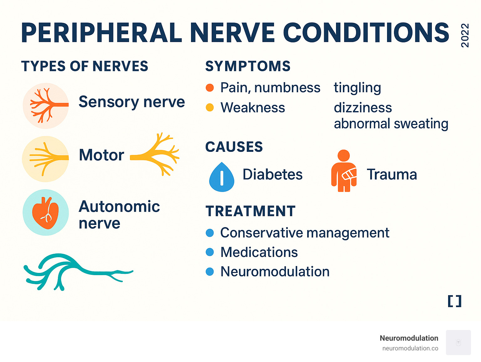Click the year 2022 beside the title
coord(465,35)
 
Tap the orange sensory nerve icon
coord(46,106)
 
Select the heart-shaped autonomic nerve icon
coord(46,212)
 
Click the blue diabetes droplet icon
coord(222,177)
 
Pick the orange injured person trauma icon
coord(344,171)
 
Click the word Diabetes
coord(272,174)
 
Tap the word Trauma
coord(392,174)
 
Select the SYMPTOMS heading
coord(248,66)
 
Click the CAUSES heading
coord(234,147)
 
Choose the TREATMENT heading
coord(251,211)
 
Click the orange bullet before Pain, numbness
coord(209,88)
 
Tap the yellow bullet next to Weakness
coord(209,108)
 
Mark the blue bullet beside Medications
coord(209,252)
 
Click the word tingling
coord(357,88)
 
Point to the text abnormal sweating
coord(391,124)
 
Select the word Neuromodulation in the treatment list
coord(275,272)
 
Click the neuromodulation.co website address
coord(410,348)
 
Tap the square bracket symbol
coord(454,301)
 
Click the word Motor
coord(101,155)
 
